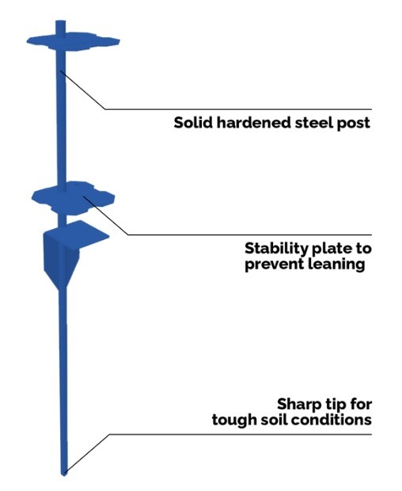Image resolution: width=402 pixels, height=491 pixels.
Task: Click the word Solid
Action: pos(193,122)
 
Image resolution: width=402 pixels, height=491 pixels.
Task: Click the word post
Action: pos(354,124)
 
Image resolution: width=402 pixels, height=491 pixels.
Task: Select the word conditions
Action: pos(330,420)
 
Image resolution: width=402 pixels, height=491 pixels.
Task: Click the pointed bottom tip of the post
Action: pos(64,474)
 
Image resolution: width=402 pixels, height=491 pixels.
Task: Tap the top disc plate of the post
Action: pos(74,41)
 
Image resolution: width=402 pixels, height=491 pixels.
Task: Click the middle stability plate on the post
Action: pos(74,198)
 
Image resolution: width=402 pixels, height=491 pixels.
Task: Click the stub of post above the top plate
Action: pos(61,28)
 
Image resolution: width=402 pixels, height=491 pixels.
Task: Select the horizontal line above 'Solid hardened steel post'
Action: pos(238,109)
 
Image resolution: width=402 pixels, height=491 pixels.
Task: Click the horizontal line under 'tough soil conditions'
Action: pos(241,434)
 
